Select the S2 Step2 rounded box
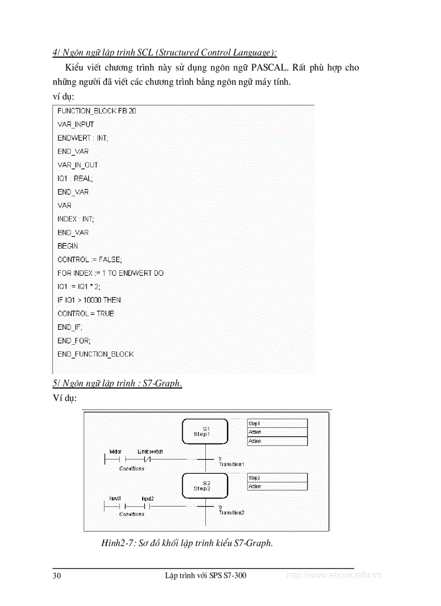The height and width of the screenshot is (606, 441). tap(205, 485)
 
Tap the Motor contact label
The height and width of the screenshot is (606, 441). tap(116, 451)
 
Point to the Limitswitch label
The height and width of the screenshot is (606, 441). tap(150, 451)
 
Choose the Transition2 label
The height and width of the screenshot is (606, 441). tap(231, 512)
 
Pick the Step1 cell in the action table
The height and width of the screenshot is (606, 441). tap(277, 424)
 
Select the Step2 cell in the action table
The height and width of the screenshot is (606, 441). tap(277, 478)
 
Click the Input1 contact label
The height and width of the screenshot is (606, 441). tap(115, 499)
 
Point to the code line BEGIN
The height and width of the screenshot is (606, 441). tap(68, 246)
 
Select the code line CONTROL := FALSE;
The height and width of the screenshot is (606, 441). tap(90, 259)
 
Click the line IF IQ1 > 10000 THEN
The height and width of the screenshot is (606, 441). tap(89, 299)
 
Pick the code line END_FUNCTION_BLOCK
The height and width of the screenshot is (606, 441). tap(96, 354)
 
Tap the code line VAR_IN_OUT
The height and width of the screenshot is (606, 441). tap(78, 165)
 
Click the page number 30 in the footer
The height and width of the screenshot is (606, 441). tap(57, 575)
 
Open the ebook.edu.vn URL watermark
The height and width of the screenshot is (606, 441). tap(333, 575)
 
